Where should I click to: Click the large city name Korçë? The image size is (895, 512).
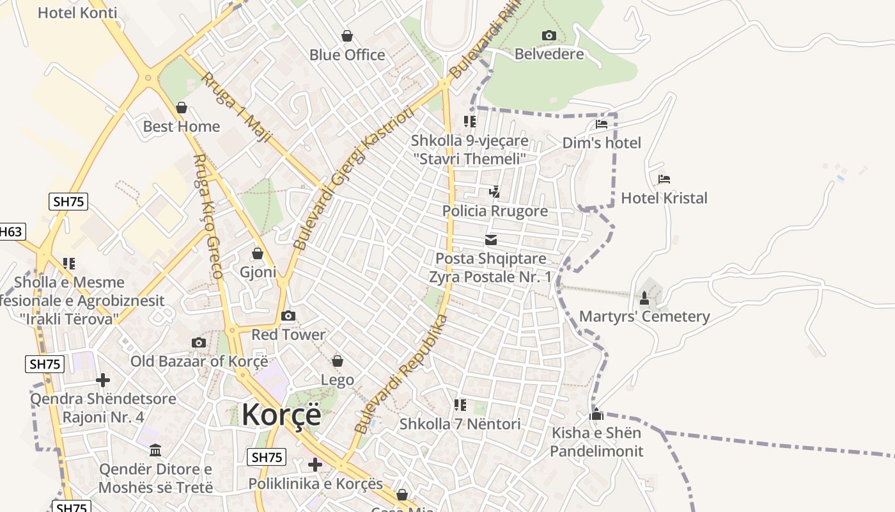(x=281, y=415)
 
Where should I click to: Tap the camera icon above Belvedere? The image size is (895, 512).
(x=549, y=35)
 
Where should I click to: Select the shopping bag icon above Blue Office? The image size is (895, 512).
(x=346, y=36)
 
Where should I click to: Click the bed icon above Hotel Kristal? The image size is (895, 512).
(x=664, y=179)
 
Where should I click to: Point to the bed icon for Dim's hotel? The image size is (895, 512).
(x=601, y=124)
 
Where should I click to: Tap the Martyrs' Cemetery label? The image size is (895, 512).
(x=644, y=317)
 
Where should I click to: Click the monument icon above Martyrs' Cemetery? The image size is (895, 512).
(x=644, y=298)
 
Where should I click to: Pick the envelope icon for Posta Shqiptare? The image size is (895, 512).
(x=490, y=240)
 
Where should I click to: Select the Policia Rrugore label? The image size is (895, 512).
(x=495, y=211)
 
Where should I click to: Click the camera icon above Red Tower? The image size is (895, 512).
(x=288, y=316)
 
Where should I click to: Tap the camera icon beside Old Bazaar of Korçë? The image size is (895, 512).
(x=199, y=342)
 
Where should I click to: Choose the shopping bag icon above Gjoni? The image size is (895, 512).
(x=257, y=254)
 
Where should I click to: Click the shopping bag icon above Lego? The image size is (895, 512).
(x=337, y=362)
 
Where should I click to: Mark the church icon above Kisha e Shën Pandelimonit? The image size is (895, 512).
(x=596, y=414)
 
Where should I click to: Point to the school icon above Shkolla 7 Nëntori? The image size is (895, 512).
(x=460, y=405)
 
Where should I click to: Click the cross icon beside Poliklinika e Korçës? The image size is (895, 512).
(x=315, y=464)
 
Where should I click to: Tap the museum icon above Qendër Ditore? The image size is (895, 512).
(x=155, y=450)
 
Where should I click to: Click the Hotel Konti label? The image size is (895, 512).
(x=77, y=13)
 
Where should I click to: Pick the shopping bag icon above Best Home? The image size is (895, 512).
(x=182, y=108)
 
